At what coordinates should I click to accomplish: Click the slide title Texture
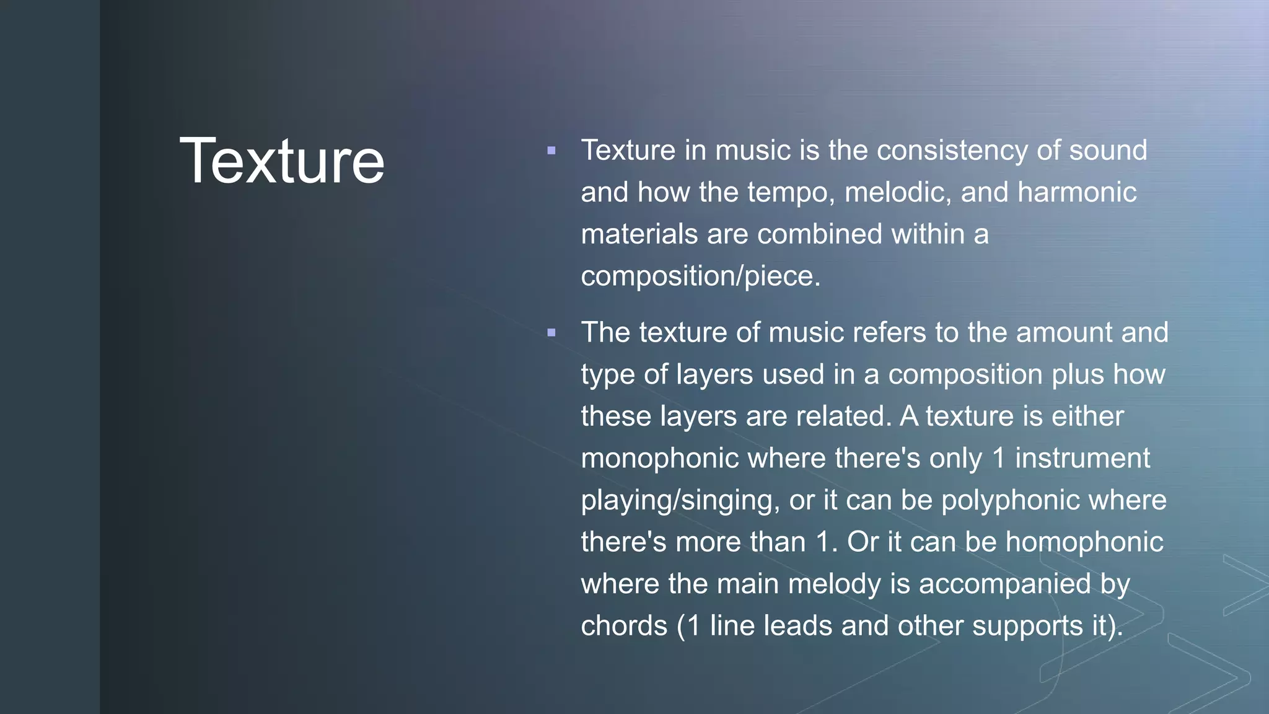[x=282, y=161]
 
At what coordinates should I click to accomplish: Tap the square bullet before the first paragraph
[x=551, y=151]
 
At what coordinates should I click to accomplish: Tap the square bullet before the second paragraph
[x=551, y=333]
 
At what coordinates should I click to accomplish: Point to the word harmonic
[x=1076, y=193]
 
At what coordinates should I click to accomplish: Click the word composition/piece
[x=700, y=276]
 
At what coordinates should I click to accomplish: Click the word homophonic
[x=1084, y=542]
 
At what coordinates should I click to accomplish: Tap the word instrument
[x=1082, y=459]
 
